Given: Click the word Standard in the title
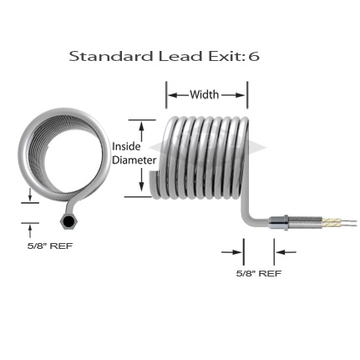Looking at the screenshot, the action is (x=111, y=56).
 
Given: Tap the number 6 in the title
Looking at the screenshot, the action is (x=254, y=56).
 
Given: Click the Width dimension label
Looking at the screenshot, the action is (x=204, y=94).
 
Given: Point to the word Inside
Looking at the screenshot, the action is (x=126, y=146).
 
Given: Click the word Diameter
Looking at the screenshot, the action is (x=134, y=160).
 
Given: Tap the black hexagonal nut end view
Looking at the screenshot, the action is (x=68, y=221).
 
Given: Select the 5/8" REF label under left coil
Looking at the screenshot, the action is (x=50, y=246).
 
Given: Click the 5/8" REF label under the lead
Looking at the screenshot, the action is (x=259, y=273).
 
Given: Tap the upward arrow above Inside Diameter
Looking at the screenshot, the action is (x=142, y=132).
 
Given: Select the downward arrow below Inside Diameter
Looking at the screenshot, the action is (x=142, y=180).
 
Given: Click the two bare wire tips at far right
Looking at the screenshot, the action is (x=348, y=222).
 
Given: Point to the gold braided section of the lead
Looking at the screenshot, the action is (x=331, y=222).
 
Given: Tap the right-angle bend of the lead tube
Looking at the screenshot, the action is (x=247, y=218).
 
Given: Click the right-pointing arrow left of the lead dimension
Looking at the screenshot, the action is (x=231, y=252).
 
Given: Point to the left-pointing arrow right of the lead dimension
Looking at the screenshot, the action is (x=286, y=252).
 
